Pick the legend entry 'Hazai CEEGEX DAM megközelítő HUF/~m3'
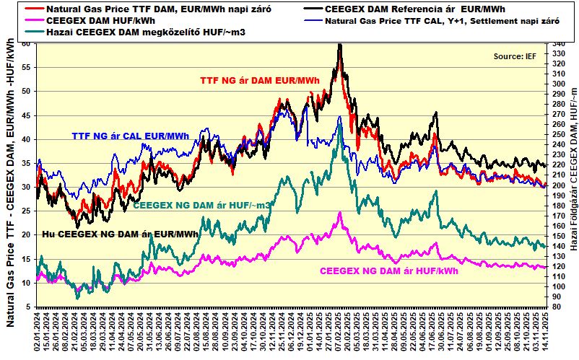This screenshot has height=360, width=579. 141,32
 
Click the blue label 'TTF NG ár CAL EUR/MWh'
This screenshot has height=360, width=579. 130,136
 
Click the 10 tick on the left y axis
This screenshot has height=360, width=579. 27,284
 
